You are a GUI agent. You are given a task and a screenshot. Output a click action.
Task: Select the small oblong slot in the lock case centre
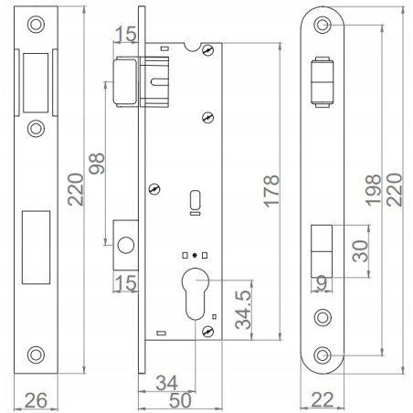[194, 199]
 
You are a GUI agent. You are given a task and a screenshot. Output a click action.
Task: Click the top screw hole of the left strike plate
[36, 25]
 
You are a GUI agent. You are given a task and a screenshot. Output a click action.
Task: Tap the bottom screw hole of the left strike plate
[36, 354]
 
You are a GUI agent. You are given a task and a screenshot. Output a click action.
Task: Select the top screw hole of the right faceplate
[323, 26]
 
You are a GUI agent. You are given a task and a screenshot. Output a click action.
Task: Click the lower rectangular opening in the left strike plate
[37, 244]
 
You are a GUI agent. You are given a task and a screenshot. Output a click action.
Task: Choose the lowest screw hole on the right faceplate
[323, 353]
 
